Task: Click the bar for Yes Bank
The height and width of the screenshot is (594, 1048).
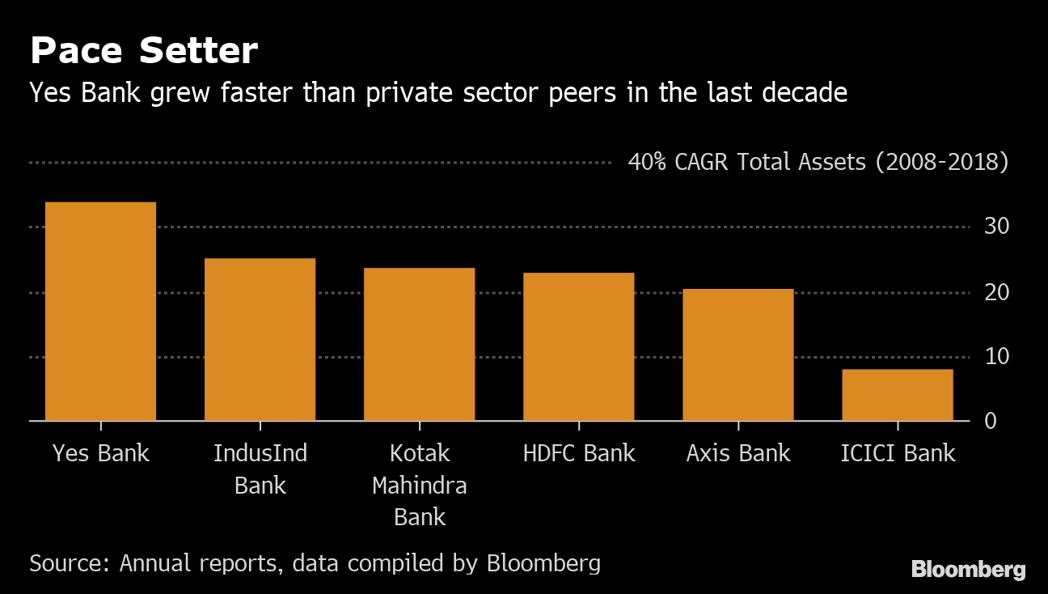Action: click(100, 312)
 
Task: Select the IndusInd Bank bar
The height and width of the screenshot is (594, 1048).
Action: click(260, 340)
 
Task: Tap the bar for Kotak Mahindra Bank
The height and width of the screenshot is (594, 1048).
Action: click(419, 344)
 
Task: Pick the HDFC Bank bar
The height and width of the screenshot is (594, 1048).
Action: click(578, 346)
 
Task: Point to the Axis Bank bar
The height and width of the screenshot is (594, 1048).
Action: click(737, 354)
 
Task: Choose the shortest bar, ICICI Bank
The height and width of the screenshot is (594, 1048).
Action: click(897, 395)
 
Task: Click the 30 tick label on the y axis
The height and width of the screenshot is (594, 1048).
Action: click(997, 227)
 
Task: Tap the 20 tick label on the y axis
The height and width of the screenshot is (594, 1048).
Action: click(997, 292)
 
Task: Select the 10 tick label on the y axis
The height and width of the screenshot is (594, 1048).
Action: click(997, 357)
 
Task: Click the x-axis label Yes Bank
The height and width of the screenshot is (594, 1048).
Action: click(100, 453)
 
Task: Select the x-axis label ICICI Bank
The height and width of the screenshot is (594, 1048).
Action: click(898, 453)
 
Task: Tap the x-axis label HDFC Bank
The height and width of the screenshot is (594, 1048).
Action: click(579, 453)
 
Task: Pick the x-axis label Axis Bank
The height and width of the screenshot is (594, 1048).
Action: click(737, 453)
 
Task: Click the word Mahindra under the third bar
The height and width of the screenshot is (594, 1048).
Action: click(419, 486)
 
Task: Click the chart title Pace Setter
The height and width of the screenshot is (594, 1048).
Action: click(144, 52)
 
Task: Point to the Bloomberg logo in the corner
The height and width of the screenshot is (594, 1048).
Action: click(968, 570)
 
